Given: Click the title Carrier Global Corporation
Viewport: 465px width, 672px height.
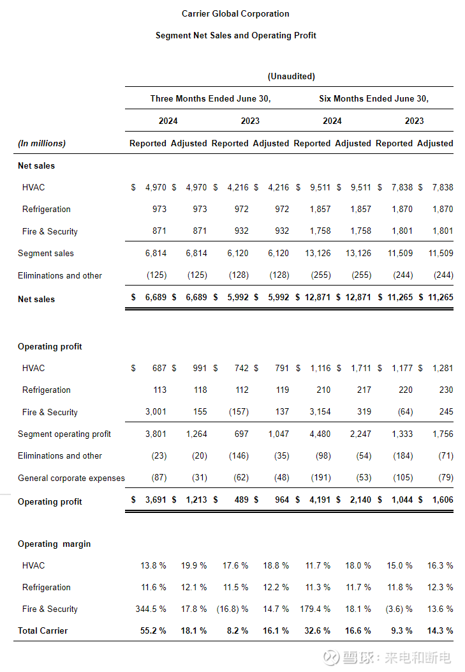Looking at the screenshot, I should pyautogui.click(x=235, y=13).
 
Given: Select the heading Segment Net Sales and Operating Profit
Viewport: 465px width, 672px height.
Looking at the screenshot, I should pyautogui.click(x=235, y=35).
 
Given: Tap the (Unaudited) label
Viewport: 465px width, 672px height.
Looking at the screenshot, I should pyautogui.click(x=291, y=76).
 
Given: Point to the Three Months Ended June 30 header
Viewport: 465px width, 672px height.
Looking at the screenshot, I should pyautogui.click(x=210, y=98).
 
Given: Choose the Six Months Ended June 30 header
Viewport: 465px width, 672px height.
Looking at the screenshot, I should pyautogui.click(x=374, y=98).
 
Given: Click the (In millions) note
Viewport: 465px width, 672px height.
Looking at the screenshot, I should pyautogui.click(x=41, y=143).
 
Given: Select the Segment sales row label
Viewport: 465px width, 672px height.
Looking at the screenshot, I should pyautogui.click(x=46, y=253).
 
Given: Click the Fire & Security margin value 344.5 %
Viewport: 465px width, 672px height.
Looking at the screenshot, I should pyautogui.click(x=151, y=609).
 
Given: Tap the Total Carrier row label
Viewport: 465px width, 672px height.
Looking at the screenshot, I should pyautogui.click(x=43, y=630).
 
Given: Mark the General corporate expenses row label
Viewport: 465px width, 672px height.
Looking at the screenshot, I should pyautogui.click(x=71, y=478).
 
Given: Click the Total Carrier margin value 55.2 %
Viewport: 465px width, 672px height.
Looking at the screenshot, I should pyautogui.click(x=153, y=630).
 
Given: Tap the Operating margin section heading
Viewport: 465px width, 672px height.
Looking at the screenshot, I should pyautogui.click(x=54, y=544).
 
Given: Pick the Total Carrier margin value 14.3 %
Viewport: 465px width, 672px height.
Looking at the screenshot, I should pyautogui.click(x=440, y=630).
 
